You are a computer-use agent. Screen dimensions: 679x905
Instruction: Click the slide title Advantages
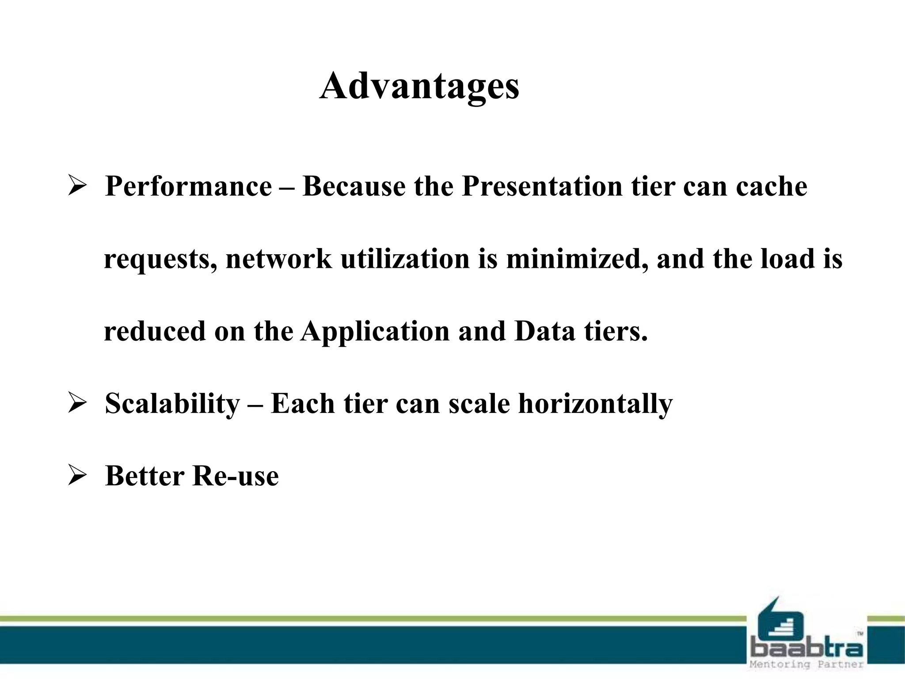pos(419,86)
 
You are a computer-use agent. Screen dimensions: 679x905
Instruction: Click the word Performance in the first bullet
pos(188,186)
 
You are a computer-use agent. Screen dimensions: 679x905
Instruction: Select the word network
pos(278,259)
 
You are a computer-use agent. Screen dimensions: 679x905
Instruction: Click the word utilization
pos(405,259)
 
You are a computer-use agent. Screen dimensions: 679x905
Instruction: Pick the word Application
pos(375,332)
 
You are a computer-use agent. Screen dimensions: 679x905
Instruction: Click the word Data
pos(545,331)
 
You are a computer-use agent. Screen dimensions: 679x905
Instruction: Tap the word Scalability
pos(172,404)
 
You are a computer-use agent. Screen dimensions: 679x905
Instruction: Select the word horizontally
pos(595,404)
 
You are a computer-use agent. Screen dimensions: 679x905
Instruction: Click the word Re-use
pos(236,476)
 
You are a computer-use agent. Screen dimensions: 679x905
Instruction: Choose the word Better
pos(144,476)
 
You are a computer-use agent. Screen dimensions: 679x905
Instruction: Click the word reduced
pos(155,332)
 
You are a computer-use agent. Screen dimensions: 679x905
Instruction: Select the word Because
pos(354,186)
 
